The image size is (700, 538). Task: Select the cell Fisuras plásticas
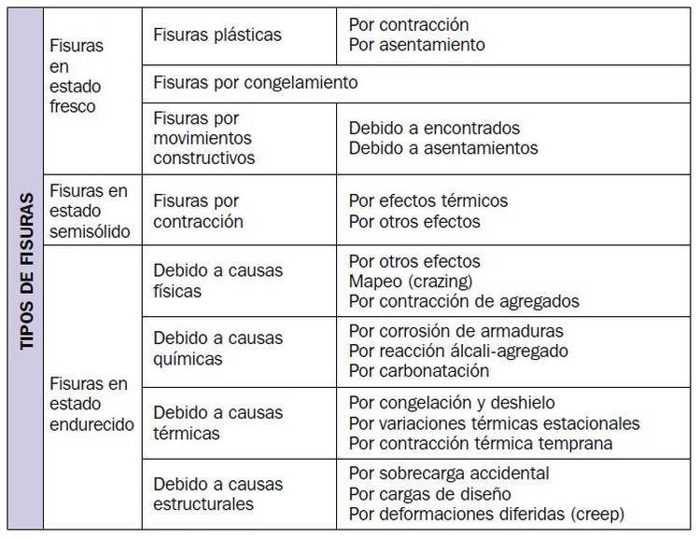[x=217, y=34]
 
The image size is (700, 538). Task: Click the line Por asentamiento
[x=416, y=44]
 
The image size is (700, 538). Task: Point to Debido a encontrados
[x=434, y=128]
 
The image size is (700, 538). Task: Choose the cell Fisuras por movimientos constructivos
[x=204, y=138]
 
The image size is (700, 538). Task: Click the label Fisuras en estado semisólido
[x=88, y=210]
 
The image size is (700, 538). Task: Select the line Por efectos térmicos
[x=428, y=200]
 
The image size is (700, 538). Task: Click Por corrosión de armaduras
[x=455, y=331]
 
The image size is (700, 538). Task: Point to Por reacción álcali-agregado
[x=458, y=351]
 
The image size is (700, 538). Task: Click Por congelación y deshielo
[x=452, y=403]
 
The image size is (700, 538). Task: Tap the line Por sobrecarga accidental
[x=449, y=474]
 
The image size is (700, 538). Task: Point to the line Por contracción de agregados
[x=464, y=300]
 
